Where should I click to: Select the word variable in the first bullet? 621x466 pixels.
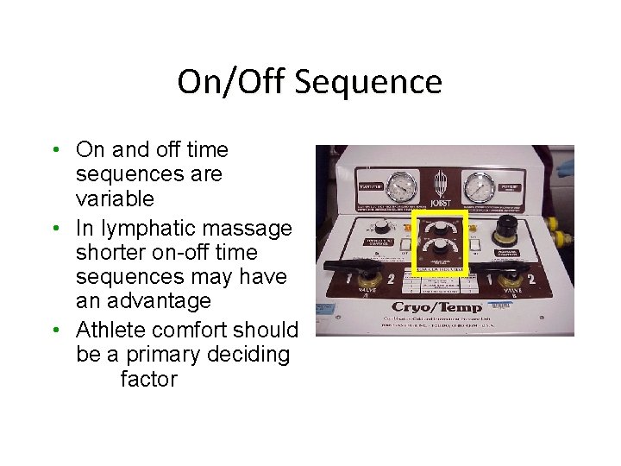115,198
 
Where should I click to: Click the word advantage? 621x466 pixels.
160,301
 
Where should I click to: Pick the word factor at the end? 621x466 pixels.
148,379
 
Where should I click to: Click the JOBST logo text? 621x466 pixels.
441,203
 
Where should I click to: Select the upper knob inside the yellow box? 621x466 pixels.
440,228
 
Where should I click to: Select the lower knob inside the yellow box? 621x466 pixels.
440,249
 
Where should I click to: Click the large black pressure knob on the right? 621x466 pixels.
501,235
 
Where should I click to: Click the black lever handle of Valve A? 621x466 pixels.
354,268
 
